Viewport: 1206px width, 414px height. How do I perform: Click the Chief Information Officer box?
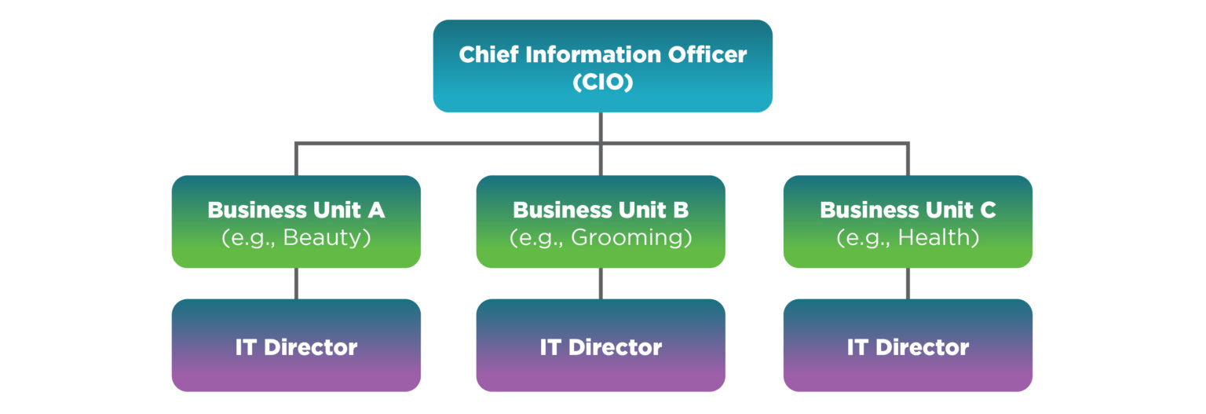pos(602,66)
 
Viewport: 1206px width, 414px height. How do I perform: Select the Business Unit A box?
pos(296,222)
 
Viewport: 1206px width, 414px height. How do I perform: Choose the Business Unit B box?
pos(601,222)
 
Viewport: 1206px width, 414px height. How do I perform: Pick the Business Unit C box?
pos(908,222)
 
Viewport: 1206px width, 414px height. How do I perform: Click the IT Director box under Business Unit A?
pos(296,346)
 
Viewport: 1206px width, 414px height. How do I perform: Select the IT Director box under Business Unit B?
pos(601,346)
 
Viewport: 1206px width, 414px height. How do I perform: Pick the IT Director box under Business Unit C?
pos(908,346)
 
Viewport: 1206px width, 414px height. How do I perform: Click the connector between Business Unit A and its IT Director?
pos(296,284)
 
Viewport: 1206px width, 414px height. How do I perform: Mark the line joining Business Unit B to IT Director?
pos(601,284)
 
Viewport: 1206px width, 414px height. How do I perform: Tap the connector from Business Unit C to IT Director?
pos(908,284)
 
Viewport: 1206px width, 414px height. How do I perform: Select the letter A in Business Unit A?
pos(376,211)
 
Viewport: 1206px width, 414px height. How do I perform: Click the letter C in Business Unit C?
pos(988,211)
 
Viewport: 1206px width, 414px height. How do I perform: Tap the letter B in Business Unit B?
pos(681,211)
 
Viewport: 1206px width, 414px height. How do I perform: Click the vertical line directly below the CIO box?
pos(601,127)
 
